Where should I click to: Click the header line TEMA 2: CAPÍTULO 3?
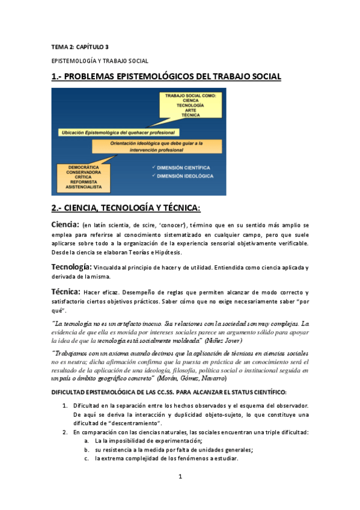(x=79, y=46)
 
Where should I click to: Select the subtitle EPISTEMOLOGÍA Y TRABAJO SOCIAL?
(x=99, y=61)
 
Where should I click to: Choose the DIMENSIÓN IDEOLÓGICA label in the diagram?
(x=185, y=176)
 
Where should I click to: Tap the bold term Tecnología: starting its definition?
(x=72, y=266)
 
